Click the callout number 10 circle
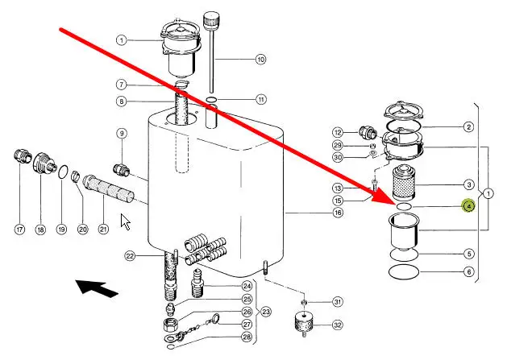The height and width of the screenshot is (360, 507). [x=260, y=59]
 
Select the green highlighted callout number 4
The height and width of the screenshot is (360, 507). [x=468, y=206]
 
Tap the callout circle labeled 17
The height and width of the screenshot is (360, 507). [x=20, y=230]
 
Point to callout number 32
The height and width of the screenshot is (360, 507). [x=337, y=326]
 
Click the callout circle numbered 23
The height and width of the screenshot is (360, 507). [x=266, y=311]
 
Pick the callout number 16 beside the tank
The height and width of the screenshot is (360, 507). [x=338, y=213]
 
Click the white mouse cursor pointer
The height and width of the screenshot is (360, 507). [x=125, y=221]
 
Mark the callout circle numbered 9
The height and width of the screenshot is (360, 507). [x=122, y=133]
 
